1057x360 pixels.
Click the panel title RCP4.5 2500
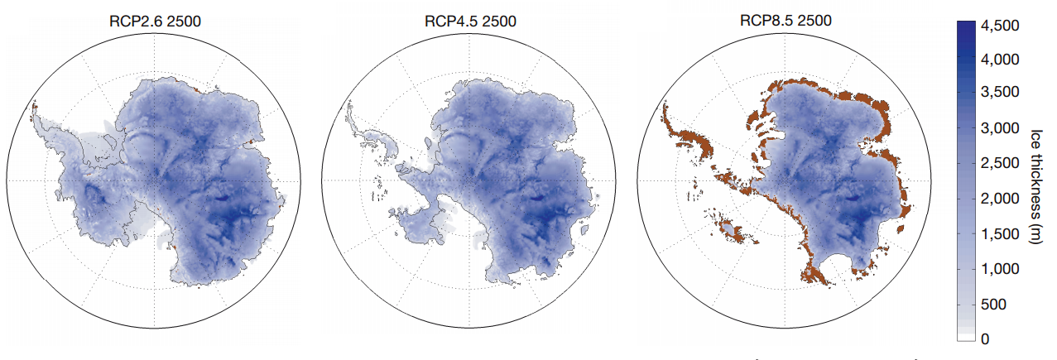[465, 21]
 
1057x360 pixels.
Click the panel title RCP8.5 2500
[778, 21]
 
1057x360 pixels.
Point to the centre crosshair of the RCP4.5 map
[466, 180]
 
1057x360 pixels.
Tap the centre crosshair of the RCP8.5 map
[780, 180]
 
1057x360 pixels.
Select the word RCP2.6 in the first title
[133, 21]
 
